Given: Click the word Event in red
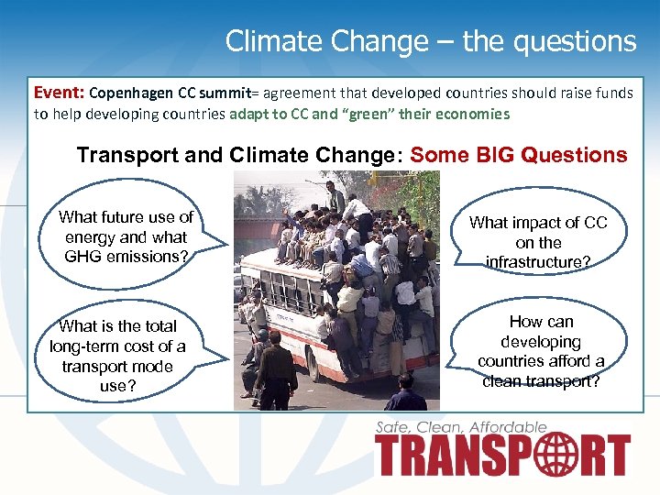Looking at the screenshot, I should point(57,93).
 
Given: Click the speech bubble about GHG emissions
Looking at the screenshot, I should point(126,236).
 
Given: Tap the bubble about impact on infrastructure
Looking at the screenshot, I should point(538,241).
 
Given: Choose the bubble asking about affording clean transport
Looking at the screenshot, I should point(541,350).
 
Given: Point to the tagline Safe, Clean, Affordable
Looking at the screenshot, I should point(461,427).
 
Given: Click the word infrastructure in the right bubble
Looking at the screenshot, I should point(538,262).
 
